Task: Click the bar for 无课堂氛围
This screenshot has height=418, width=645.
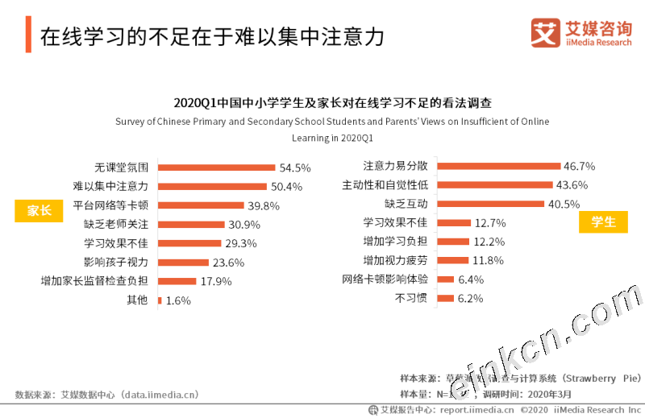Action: (217, 168)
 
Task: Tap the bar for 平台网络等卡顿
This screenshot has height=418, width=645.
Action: (202, 205)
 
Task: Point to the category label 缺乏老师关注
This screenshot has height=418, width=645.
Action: (116, 225)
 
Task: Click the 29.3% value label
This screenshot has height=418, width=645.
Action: (240, 243)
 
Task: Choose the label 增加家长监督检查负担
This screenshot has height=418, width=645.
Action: (94, 281)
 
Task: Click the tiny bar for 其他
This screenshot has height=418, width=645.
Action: (160, 300)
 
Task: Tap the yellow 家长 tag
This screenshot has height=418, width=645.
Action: (39, 210)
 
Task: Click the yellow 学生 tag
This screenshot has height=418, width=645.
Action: (603, 221)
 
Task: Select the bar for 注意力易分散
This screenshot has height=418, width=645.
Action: (500, 166)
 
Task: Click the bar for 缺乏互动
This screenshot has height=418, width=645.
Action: (492, 204)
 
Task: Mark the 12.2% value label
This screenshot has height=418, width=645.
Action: (489, 242)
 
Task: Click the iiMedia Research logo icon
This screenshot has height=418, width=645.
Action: (544, 33)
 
